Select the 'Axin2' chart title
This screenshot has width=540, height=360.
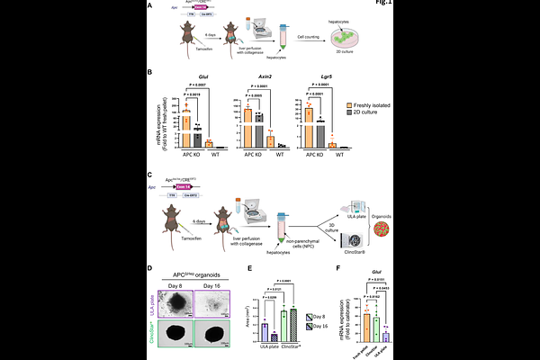click(x=253, y=78)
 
